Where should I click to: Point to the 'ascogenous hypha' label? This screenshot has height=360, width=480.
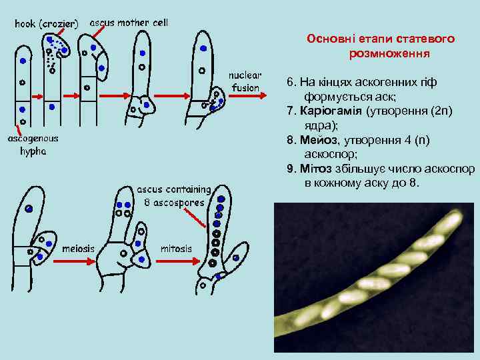pyautogui.click(x=33, y=145)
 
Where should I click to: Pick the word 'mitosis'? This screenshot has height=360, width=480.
pyautogui.click(x=177, y=249)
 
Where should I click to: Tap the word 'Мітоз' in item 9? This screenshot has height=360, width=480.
pyautogui.click(x=319, y=168)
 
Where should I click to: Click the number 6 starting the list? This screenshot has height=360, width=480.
pyautogui.click(x=289, y=81)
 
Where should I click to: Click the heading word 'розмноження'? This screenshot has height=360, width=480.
pyautogui.click(x=389, y=53)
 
